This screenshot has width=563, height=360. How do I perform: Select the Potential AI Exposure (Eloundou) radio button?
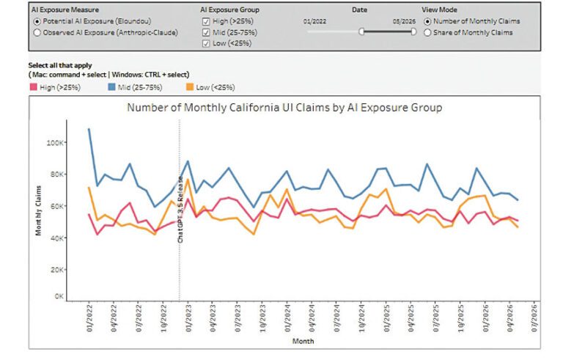pos(37,21)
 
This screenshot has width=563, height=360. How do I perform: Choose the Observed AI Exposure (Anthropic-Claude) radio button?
pos(37,33)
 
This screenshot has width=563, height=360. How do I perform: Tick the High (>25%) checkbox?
pos(206,21)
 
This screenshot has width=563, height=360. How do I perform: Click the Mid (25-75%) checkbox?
pos(206,33)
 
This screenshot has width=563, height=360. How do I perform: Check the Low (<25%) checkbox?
pos(206,43)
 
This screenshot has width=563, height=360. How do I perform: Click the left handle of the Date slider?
pos(361,32)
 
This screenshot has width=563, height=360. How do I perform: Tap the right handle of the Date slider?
pos(413,32)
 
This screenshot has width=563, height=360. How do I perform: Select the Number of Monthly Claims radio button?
pos(427,21)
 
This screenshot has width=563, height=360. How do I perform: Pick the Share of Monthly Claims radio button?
pos(427,33)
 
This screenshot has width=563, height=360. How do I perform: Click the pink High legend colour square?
pos(34,87)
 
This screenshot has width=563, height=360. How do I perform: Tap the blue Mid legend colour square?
pos(111,87)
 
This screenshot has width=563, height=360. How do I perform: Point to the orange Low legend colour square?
pos(190,87)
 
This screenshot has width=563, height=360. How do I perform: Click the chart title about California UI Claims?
pos(284,108)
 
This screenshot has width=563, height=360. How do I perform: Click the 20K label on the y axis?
pos(56,270)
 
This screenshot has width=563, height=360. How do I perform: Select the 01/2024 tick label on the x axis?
pos(287,318)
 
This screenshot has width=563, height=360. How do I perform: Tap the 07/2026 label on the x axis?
pos(534,318)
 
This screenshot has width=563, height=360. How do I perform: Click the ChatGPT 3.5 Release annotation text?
pos(180,210)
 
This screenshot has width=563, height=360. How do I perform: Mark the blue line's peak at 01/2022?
pos(89,129)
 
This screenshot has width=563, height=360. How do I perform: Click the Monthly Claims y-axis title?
pos(38,210)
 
